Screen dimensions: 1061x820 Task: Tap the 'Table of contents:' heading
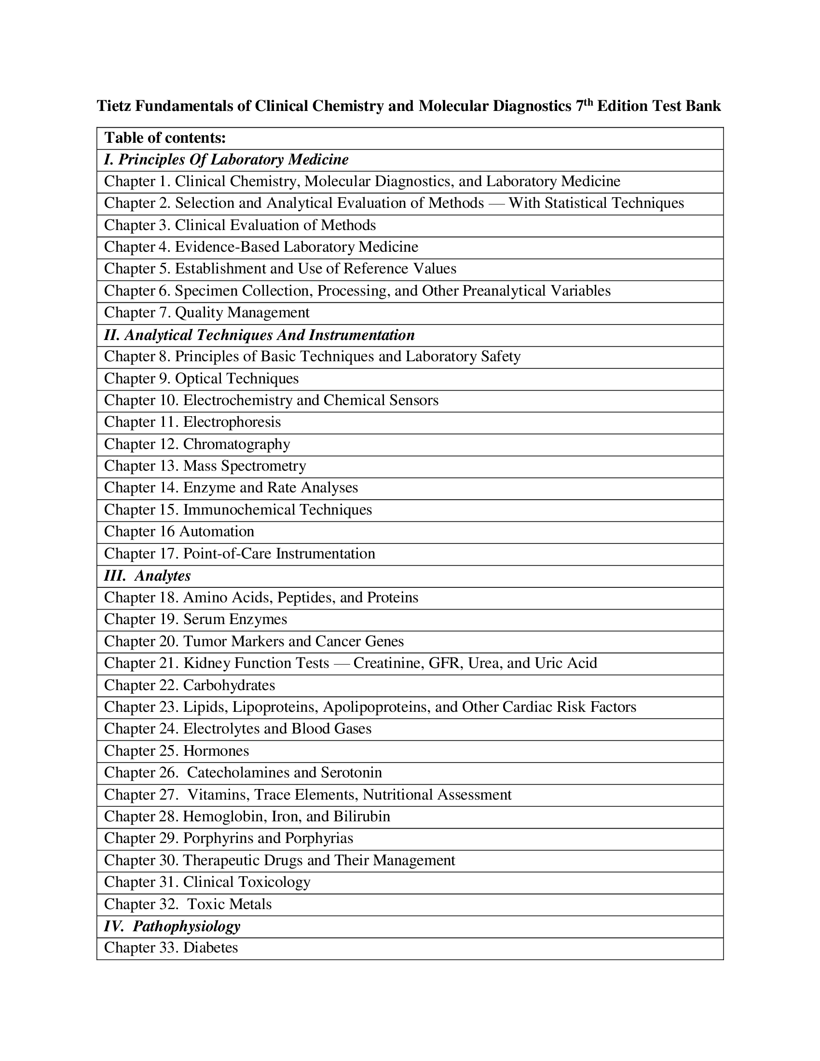165,138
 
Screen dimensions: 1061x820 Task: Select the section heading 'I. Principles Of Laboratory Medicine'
226,160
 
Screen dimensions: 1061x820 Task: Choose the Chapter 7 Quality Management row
207,313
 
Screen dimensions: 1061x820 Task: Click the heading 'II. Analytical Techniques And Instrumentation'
260,335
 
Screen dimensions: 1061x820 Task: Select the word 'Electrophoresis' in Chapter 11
232,422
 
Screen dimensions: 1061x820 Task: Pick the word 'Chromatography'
236,445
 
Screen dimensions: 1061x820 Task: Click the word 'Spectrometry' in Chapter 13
263,466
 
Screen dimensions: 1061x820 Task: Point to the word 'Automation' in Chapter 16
217,532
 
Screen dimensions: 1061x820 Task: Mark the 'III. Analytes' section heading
148,576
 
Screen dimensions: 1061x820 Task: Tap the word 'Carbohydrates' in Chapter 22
229,686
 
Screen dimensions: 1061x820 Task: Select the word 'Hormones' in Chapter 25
216,751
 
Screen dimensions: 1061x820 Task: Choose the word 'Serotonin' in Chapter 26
352,773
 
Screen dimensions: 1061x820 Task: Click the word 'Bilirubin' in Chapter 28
361,816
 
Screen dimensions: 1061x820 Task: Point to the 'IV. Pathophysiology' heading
173,926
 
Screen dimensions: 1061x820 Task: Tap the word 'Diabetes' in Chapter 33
210,948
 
